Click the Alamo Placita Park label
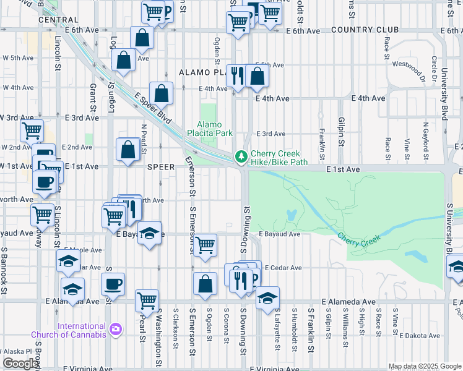click(x=210, y=128)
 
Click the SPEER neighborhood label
click(x=160, y=167)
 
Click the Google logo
click(x=20, y=363)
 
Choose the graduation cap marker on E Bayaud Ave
click(x=149, y=233)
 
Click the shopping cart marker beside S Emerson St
click(x=205, y=244)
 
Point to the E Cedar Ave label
click(x=282, y=268)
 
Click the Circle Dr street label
click(x=435, y=68)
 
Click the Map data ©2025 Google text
click(x=425, y=366)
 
